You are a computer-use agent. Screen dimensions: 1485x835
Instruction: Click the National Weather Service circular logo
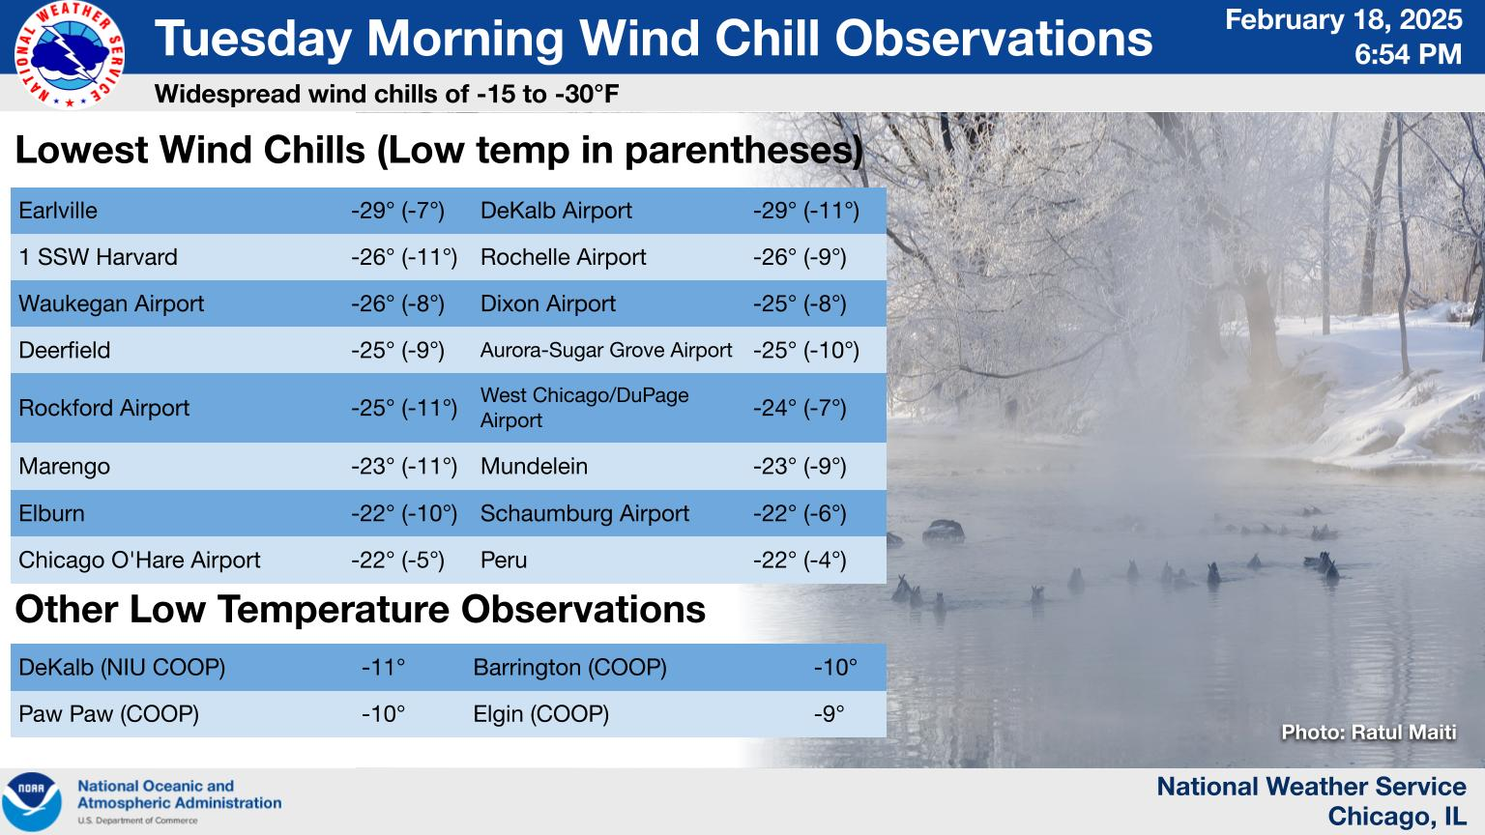pos(69,56)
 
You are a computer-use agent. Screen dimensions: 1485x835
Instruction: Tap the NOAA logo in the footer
pos(31,802)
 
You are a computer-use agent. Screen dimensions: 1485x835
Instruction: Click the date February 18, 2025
pos(1343,20)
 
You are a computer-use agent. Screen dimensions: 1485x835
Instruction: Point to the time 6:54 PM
pos(1408,54)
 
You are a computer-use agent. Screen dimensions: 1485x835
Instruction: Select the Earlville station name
pos(58,211)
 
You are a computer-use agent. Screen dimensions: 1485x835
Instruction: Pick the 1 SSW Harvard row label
pos(98,257)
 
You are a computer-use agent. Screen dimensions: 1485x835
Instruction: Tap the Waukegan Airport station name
pos(111,303)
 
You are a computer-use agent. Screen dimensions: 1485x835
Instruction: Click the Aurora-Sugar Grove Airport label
pos(606,350)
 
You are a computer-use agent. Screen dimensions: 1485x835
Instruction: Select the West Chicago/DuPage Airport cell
pos(584,408)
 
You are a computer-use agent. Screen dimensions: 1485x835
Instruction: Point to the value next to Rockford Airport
pos(404,408)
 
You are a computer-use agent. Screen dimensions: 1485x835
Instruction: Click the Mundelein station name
pos(534,467)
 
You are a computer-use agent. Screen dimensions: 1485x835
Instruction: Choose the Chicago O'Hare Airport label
pos(139,560)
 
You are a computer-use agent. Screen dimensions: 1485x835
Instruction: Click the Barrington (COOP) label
pos(570,668)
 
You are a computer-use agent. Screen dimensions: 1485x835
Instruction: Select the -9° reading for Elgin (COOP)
pos(830,714)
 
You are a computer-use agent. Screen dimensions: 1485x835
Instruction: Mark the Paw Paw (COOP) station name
pos(108,714)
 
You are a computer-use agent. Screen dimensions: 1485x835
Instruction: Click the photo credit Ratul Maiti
pos(1369,733)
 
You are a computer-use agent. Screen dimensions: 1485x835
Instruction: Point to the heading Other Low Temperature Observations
pos(360,609)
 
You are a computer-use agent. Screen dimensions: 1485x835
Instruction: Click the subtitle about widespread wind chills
pos(387,94)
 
